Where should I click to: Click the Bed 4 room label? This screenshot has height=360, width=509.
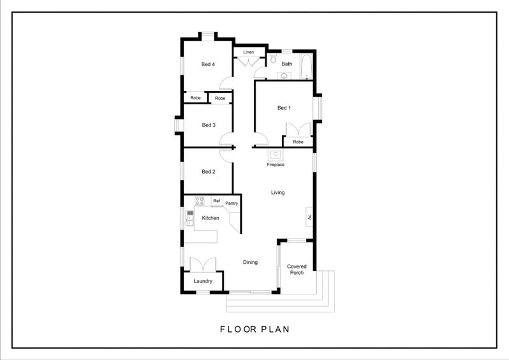[208, 64]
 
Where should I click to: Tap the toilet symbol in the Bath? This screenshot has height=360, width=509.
[273, 59]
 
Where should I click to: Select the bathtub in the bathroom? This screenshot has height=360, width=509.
[306, 67]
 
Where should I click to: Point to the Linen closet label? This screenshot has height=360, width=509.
[248, 52]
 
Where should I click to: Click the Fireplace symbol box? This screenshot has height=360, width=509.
[275, 155]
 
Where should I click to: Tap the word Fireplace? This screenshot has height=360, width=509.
[275, 165]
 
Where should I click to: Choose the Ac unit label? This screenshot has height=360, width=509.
[309, 217]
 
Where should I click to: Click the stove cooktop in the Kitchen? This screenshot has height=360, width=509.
[199, 201]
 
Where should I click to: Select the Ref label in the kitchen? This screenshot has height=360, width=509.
[216, 201]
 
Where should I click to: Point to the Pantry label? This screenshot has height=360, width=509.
[232, 203]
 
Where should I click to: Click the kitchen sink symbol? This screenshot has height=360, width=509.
[190, 218]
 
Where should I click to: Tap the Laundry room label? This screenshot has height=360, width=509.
[203, 281]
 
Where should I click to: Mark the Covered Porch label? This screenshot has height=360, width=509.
[296, 270]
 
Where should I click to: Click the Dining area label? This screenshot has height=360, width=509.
[250, 262]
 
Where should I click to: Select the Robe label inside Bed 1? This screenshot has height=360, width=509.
[298, 142]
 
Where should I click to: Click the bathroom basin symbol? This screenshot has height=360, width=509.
[284, 76]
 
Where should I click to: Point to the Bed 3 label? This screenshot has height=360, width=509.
[209, 125]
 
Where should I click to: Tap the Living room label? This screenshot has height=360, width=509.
[278, 193]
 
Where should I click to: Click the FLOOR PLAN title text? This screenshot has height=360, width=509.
[254, 329]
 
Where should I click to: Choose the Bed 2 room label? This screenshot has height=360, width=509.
[209, 171]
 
